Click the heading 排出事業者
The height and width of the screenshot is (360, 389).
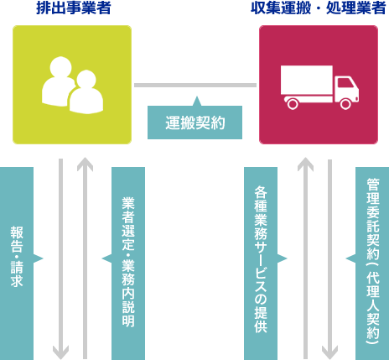point(71,9)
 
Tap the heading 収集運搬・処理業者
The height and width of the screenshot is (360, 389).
point(319,9)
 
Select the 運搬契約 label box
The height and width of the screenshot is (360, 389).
point(194,123)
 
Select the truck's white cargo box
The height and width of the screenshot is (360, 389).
point(306,81)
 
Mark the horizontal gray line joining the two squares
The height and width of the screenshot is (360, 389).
point(194,85)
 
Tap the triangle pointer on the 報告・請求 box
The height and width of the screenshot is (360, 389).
point(38,258)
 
